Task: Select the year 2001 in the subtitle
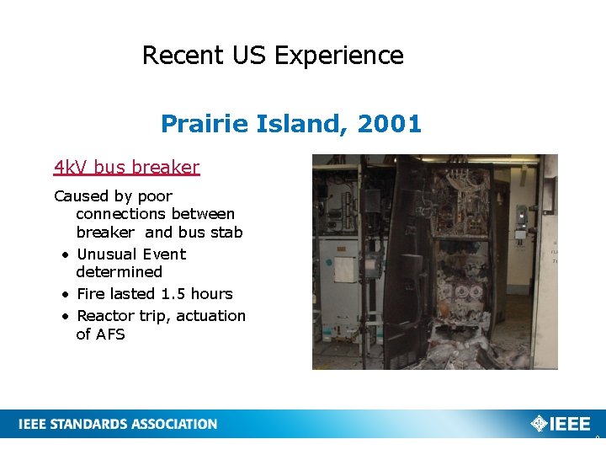pyautogui.click(x=389, y=125)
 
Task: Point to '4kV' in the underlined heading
pyautogui.click(x=71, y=168)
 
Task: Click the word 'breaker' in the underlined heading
pyautogui.click(x=167, y=168)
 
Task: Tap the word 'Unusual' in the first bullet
pyautogui.click(x=107, y=254)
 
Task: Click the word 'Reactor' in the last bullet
pyautogui.click(x=107, y=316)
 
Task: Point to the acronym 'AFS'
pyautogui.click(x=110, y=335)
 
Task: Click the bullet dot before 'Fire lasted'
pyautogui.click(x=65, y=295)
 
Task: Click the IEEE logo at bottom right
pyautogui.click(x=561, y=424)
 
